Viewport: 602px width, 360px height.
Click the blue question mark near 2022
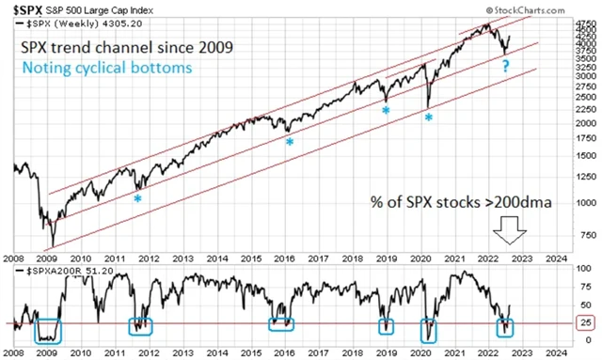click(x=505, y=67)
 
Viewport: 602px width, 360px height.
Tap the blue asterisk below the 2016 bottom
click(x=290, y=142)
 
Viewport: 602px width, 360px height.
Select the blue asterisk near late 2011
click(x=137, y=198)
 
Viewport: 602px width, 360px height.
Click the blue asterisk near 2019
click(x=386, y=111)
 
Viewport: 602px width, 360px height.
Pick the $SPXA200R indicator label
click(x=60, y=270)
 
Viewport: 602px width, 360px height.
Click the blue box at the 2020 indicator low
click(x=430, y=329)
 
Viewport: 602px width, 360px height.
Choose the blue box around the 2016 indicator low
click(x=280, y=324)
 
